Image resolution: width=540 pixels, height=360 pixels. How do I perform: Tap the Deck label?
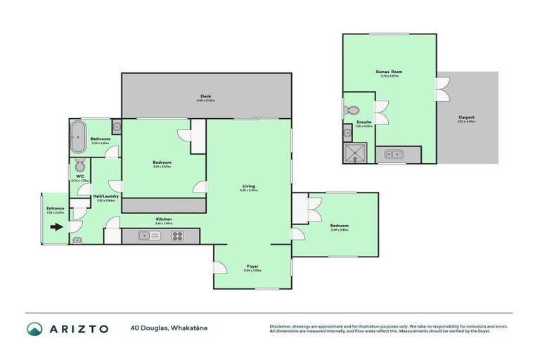[x=205, y=96]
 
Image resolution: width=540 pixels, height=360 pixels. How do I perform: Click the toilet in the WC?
[x=79, y=165]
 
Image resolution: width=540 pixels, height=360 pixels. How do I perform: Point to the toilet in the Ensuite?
[x=353, y=110]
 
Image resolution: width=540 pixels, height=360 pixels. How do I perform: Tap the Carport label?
[x=466, y=117]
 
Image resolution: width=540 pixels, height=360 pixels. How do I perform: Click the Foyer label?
[x=252, y=266]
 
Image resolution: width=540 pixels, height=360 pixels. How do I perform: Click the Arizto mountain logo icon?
[x=34, y=328]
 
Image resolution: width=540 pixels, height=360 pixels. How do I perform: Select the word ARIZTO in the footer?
[x=79, y=328]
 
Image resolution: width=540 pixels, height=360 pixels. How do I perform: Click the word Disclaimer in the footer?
[x=282, y=326]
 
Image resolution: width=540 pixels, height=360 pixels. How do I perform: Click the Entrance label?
[x=56, y=208]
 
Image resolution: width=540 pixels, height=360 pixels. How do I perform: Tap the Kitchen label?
[x=164, y=219]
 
